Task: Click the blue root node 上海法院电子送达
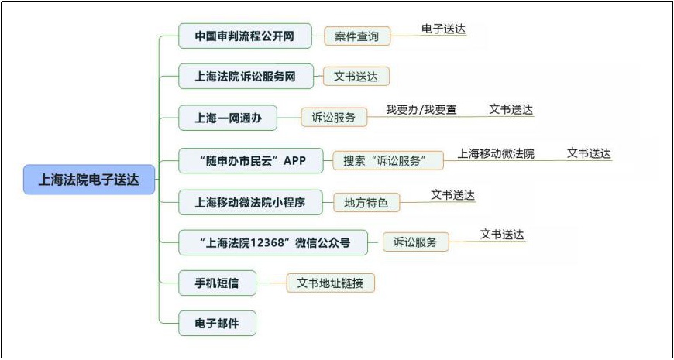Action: (89, 180)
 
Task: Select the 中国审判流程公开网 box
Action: (245, 36)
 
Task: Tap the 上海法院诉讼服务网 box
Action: (246, 77)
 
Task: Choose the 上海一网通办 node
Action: (228, 118)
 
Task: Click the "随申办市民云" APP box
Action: (250, 161)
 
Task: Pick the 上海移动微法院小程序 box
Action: (250, 202)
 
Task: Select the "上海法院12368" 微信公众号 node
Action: (273, 243)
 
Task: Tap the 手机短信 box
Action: (217, 283)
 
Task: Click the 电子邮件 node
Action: (217, 323)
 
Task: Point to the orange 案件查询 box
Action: (357, 36)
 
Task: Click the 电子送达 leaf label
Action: (444, 29)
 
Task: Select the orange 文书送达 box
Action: (356, 77)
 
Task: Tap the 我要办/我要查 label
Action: (421, 110)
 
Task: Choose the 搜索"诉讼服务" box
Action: (388, 161)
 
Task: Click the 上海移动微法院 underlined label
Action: (496, 154)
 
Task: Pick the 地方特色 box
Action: (366, 202)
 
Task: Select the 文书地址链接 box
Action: (331, 283)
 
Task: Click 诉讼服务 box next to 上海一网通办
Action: (334, 117)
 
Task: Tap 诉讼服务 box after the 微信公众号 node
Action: (416, 242)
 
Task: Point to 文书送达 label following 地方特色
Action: (453, 195)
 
